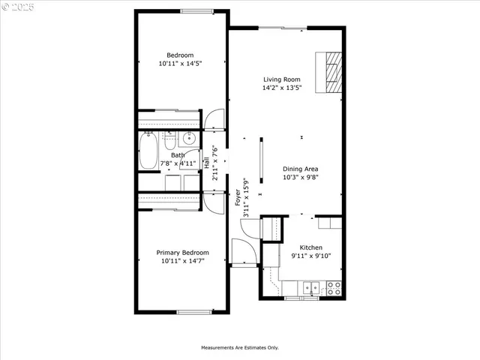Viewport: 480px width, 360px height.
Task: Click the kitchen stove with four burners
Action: (334, 286)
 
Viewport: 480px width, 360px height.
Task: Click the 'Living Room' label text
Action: (281, 79)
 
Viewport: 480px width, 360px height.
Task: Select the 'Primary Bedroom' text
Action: (182, 253)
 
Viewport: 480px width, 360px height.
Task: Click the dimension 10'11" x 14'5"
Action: (181, 64)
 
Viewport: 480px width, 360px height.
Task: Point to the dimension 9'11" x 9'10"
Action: (310, 256)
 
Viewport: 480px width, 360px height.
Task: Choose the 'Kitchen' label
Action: (311, 247)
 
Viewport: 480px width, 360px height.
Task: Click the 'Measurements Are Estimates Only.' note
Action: (239, 347)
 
